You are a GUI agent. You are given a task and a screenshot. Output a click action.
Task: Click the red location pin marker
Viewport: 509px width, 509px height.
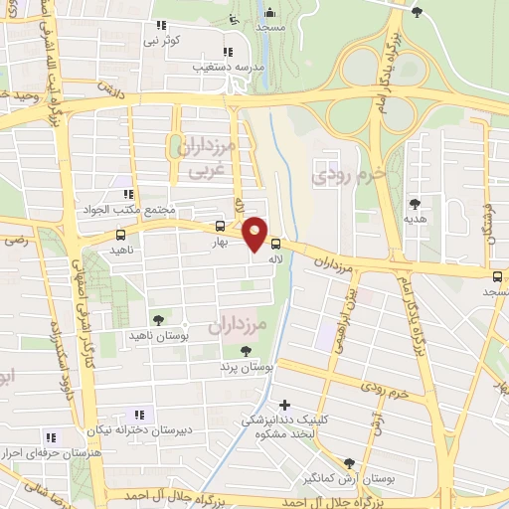point(255,235)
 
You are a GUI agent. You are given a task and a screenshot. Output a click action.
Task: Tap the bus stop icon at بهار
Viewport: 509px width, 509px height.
point(220,226)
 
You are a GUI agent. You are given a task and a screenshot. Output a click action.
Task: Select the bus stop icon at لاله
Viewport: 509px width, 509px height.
point(275,243)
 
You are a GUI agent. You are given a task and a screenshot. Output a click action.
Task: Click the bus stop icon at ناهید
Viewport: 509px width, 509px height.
point(121,236)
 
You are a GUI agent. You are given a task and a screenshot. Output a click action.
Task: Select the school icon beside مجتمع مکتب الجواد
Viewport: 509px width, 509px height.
point(127,195)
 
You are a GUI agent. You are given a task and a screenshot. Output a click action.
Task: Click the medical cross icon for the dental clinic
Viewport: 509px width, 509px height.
point(285,404)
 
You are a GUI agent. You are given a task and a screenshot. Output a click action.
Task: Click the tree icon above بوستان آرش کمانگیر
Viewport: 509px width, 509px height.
point(349,463)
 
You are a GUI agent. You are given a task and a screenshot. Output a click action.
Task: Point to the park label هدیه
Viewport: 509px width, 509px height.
point(412,218)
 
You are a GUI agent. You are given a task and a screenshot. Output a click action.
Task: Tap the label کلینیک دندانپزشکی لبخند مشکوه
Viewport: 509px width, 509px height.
point(284,426)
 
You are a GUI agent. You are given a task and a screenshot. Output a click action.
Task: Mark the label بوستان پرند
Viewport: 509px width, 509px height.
point(247,367)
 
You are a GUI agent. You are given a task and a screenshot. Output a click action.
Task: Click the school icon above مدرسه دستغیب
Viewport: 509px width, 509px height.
point(228,52)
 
